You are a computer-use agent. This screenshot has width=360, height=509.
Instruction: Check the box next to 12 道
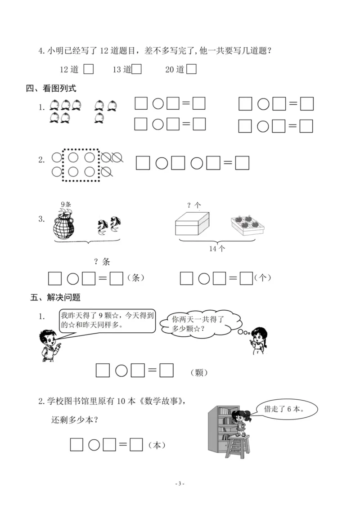click(x=89, y=69)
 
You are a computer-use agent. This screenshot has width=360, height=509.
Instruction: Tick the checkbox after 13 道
click(x=137, y=69)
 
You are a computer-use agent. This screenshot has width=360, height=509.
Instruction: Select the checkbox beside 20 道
click(x=191, y=69)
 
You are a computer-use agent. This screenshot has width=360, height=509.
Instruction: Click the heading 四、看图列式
click(x=51, y=89)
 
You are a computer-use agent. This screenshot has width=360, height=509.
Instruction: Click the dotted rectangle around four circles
click(x=81, y=165)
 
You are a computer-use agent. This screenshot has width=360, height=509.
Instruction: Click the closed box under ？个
click(x=192, y=223)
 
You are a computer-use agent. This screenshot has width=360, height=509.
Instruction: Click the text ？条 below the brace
click(x=102, y=261)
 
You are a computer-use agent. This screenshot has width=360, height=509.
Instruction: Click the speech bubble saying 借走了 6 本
click(x=286, y=409)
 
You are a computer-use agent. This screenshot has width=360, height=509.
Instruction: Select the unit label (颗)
click(x=198, y=373)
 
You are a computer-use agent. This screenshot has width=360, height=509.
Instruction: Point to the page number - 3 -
click(x=180, y=483)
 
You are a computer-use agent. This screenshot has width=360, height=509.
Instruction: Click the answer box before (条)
click(x=117, y=278)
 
